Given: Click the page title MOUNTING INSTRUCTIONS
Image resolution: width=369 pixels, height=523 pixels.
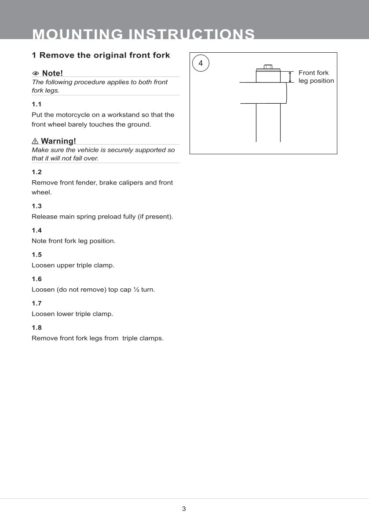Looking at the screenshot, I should [143, 34].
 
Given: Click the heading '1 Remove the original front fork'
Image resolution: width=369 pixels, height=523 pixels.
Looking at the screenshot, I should [101, 55].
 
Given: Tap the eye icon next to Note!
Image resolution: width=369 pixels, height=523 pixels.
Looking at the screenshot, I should [35, 73].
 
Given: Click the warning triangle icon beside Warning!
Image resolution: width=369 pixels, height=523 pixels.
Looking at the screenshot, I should [35, 141].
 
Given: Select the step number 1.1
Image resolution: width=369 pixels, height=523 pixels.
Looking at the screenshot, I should [37, 104].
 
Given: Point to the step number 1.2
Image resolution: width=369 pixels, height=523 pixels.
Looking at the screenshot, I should [37, 172].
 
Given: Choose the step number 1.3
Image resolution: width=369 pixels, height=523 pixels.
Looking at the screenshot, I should [37, 206].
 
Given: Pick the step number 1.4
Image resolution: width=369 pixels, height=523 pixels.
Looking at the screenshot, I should [37, 230].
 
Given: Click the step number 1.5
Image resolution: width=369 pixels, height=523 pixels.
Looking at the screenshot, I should [37, 254].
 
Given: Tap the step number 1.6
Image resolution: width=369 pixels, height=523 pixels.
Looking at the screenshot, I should [37, 279].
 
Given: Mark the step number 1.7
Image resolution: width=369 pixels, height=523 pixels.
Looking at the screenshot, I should [37, 303].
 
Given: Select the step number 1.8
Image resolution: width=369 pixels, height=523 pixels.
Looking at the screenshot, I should [37, 327].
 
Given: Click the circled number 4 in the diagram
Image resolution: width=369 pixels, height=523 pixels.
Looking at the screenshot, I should [201, 63].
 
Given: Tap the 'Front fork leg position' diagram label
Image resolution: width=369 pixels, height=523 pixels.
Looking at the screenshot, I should [316, 77].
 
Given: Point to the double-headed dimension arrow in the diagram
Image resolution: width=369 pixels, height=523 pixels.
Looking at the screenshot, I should [290, 77].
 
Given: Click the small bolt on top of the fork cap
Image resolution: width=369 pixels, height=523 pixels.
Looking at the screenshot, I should [268, 67].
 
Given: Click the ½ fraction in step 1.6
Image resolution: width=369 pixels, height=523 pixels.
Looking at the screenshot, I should [136, 290].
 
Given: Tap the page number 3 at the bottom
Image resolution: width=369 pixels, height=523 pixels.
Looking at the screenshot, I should [184, 509].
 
